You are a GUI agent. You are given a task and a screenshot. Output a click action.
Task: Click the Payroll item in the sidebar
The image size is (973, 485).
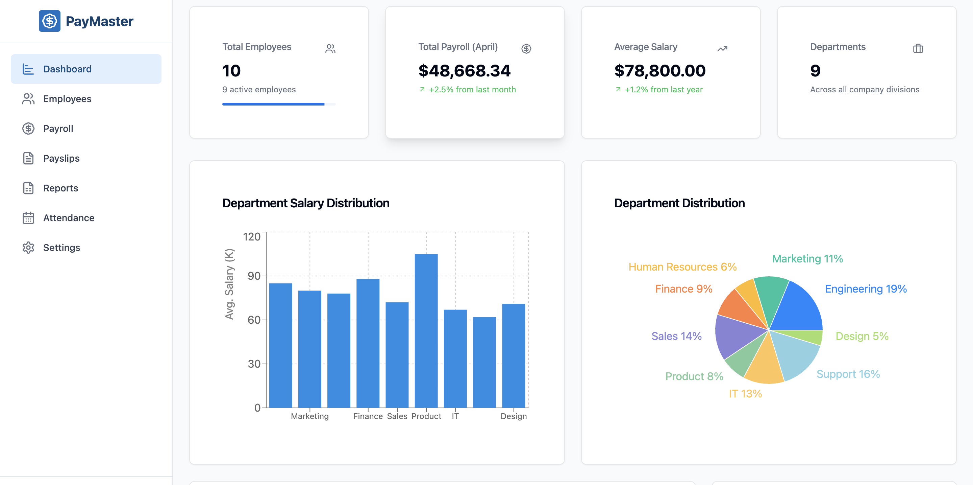(58, 129)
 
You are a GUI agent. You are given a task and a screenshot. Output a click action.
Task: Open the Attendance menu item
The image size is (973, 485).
(68, 218)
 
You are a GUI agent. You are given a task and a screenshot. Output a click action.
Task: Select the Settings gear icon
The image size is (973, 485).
(28, 248)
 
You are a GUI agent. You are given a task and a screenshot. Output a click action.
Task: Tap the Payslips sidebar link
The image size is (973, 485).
(61, 158)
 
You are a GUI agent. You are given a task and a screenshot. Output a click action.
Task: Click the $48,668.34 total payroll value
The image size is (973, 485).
(464, 71)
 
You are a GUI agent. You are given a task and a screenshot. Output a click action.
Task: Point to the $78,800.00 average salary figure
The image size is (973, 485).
(659, 71)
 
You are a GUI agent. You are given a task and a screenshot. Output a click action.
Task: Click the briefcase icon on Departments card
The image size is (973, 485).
(918, 48)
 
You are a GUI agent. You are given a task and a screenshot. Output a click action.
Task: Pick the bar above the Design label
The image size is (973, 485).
(513, 355)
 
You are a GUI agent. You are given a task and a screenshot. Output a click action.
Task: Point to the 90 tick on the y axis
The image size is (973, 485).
(254, 276)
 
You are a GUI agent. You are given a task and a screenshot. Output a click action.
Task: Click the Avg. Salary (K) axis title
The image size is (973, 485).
(229, 283)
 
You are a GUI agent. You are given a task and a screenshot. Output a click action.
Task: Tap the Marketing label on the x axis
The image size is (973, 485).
(310, 416)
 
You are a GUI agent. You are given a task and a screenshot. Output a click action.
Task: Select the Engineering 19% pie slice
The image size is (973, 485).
(797, 308)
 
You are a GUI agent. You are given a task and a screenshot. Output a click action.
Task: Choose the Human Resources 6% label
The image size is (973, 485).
(682, 267)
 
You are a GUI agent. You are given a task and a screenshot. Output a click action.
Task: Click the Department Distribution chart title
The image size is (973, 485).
(679, 203)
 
